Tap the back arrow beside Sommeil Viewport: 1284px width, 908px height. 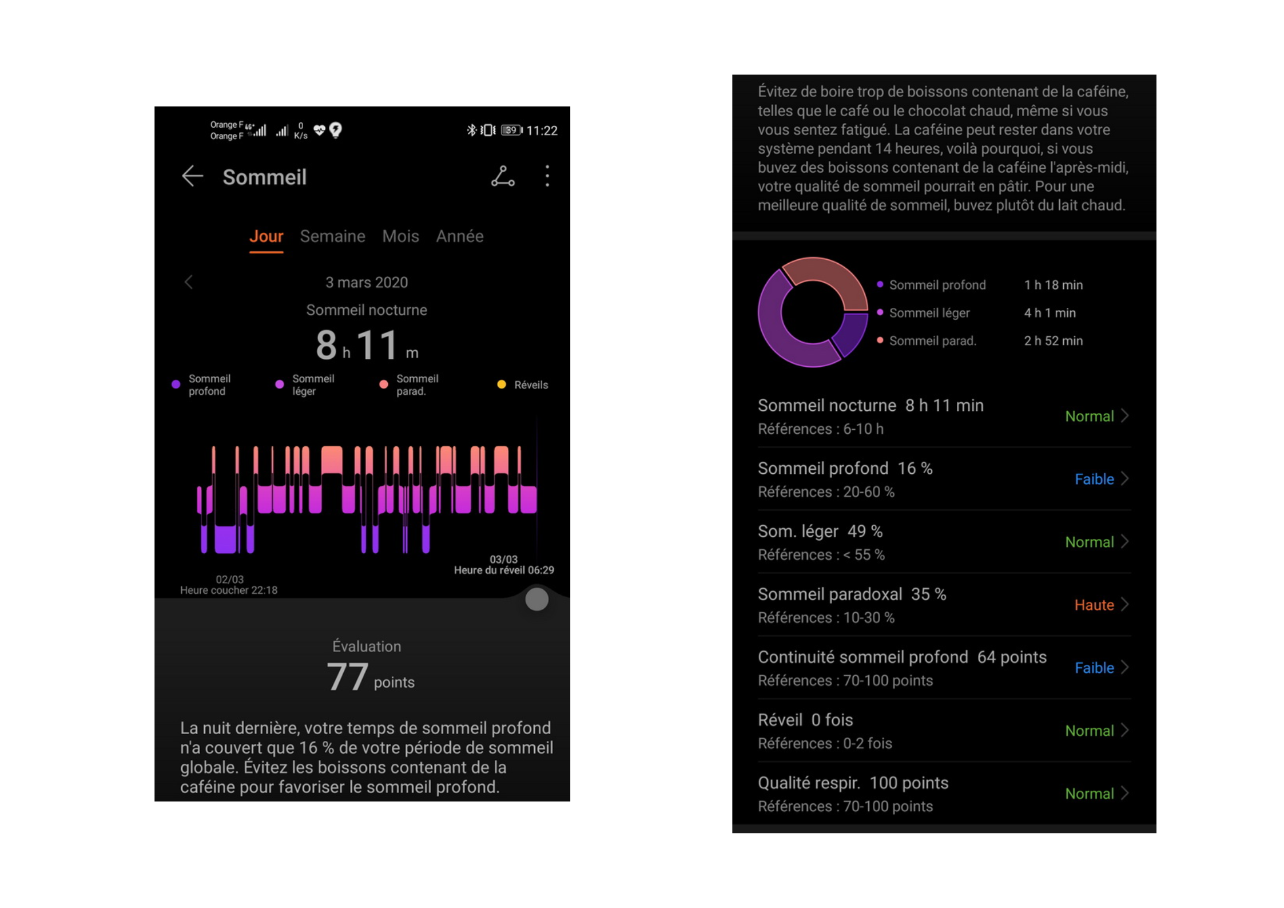193,176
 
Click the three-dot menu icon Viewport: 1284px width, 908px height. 547,176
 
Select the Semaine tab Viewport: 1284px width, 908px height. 332,236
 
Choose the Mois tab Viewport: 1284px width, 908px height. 400,236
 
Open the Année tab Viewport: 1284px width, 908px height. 459,236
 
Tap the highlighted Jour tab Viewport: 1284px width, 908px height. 266,236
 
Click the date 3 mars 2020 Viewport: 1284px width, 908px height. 367,282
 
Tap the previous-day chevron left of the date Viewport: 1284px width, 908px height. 189,282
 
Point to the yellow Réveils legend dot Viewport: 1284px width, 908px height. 502,384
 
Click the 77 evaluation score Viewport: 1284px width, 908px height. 347,677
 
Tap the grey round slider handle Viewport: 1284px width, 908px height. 536,599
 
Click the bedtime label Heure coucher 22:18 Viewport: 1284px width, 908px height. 229,590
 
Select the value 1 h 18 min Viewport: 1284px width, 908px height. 1053,285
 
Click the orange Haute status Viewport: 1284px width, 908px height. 1094,605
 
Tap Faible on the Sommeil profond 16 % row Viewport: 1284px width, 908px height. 1094,479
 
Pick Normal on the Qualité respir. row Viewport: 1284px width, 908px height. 1089,794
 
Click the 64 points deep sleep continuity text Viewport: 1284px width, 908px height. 1011,657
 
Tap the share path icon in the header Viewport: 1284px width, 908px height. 503,176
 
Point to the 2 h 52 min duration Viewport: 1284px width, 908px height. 1053,341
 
